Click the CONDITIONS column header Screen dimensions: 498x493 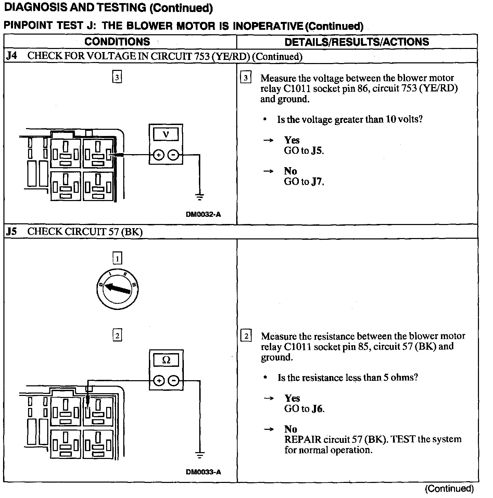117,42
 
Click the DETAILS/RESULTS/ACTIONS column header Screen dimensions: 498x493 357,42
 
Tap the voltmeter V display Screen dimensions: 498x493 166,134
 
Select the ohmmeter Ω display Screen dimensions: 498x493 166,360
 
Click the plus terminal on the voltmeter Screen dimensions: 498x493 158,155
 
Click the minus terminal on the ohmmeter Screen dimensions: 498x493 174,381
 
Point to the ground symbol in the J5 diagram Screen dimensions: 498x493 200,455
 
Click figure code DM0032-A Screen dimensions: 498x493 203,214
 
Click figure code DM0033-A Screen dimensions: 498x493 203,472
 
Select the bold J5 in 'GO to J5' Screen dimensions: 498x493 317,151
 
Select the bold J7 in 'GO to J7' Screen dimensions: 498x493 317,182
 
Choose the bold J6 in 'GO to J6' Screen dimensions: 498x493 317,409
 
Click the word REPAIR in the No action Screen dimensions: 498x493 303,439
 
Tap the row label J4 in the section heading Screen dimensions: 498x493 11,56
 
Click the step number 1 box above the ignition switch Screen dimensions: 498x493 117,258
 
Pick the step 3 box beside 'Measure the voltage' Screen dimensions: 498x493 246,78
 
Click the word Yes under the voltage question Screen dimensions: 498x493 292,140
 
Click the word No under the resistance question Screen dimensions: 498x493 291,429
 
